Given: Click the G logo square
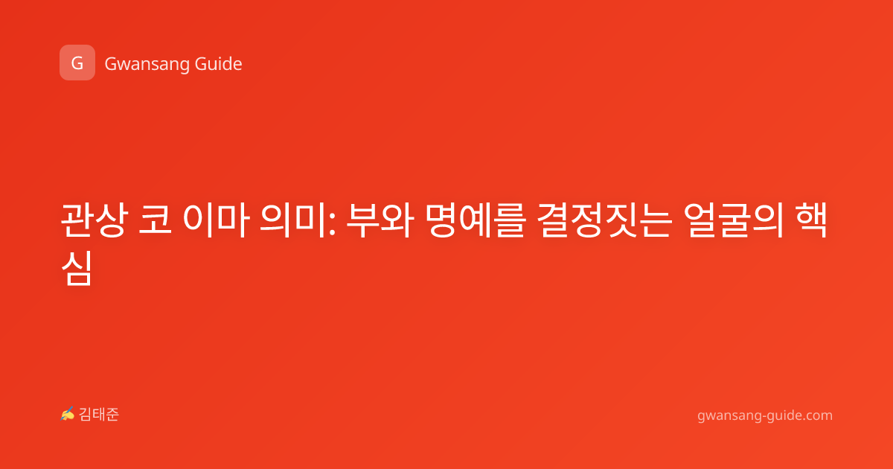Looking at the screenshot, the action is tap(77, 63).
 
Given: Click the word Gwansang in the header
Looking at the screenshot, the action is tap(146, 65).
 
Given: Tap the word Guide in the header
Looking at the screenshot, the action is tap(218, 64).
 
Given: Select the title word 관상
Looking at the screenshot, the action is tap(95, 220).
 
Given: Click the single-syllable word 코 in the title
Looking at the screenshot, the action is tap(155, 220).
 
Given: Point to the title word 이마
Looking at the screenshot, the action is tap(216, 220).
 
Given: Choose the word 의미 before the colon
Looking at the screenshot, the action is tap(292, 220).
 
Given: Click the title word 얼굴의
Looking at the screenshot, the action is tap(734, 220).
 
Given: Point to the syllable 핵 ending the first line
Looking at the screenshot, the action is tap(811, 220).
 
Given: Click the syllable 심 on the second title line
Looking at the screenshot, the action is tap(77, 268).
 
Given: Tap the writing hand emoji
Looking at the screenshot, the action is tap(68, 414).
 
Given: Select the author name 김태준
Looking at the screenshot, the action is tap(99, 415).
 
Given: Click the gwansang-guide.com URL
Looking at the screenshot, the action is tap(765, 415).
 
